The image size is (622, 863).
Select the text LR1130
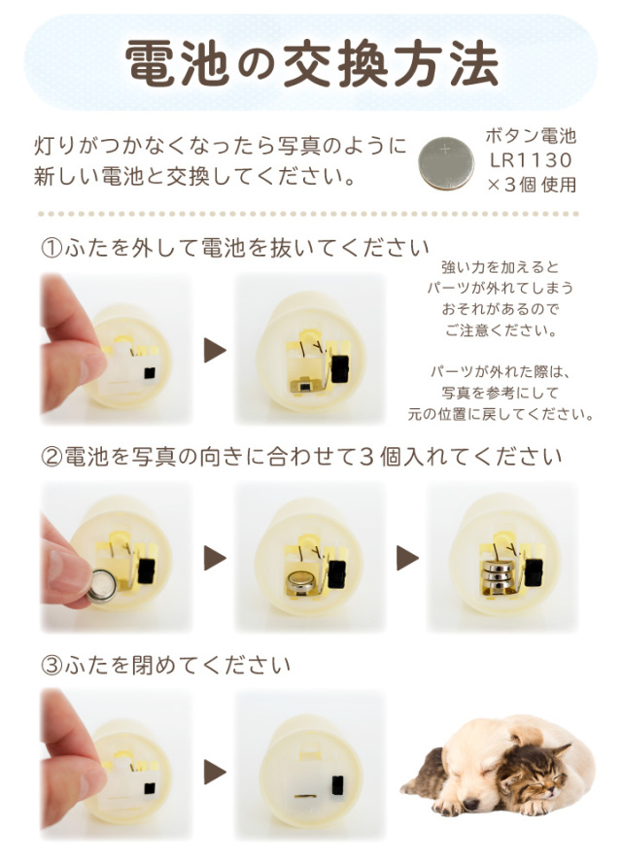point(530,159)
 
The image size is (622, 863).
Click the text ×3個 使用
point(531,184)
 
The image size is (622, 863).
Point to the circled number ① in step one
point(51,247)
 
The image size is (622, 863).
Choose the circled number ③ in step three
point(51,666)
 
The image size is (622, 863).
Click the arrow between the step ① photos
point(214,350)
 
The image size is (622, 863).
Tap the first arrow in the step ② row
point(214,558)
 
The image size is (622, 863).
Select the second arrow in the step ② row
point(407,558)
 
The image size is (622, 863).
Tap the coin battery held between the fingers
point(103,584)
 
